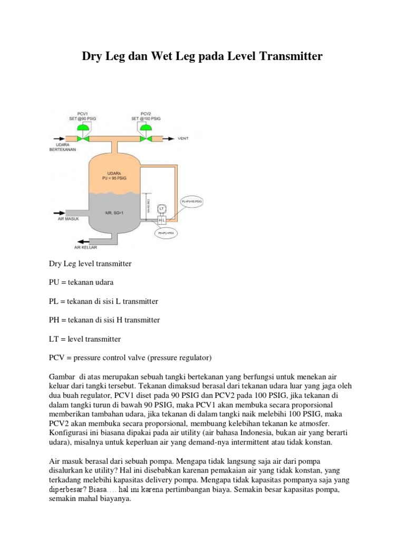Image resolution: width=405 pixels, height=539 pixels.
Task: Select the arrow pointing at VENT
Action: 169,139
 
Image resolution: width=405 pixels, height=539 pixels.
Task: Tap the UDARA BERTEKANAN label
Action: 66,147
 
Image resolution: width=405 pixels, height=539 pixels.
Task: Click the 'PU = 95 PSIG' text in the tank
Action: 114,178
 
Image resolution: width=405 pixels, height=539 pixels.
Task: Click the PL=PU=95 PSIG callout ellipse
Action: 191,202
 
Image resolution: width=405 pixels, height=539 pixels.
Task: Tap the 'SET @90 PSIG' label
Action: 82,118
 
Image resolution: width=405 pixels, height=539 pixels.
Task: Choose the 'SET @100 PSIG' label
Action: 146,118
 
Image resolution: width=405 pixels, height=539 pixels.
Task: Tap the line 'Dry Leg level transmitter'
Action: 90,263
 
